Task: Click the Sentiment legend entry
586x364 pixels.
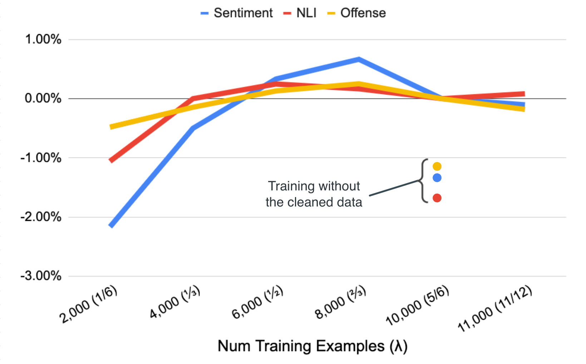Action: click(x=236, y=13)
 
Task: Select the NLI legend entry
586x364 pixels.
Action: click(x=300, y=13)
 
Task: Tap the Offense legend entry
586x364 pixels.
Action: click(x=356, y=13)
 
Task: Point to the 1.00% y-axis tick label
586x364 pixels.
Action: click(x=43, y=39)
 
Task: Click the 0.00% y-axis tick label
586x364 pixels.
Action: click(x=43, y=99)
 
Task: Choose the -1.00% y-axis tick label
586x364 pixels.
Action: click(x=41, y=158)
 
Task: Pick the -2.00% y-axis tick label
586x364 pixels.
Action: click(x=41, y=217)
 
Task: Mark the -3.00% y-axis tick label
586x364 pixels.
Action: click(x=41, y=276)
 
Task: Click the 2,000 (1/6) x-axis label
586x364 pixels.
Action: click(x=88, y=304)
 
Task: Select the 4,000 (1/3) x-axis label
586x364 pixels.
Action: click(x=175, y=302)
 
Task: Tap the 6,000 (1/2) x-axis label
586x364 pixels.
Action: click(x=257, y=302)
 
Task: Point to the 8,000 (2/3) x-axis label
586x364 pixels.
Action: click(x=340, y=302)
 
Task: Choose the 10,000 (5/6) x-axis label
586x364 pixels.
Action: click(x=418, y=305)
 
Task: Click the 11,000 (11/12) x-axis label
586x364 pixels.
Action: click(x=495, y=308)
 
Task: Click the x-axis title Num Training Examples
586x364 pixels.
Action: click(x=312, y=346)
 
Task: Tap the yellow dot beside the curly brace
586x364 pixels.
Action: click(x=437, y=166)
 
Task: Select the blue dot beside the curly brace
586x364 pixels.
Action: click(x=437, y=178)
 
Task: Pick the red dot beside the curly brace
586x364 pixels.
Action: click(x=437, y=198)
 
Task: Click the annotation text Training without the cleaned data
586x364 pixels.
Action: click(x=314, y=194)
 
